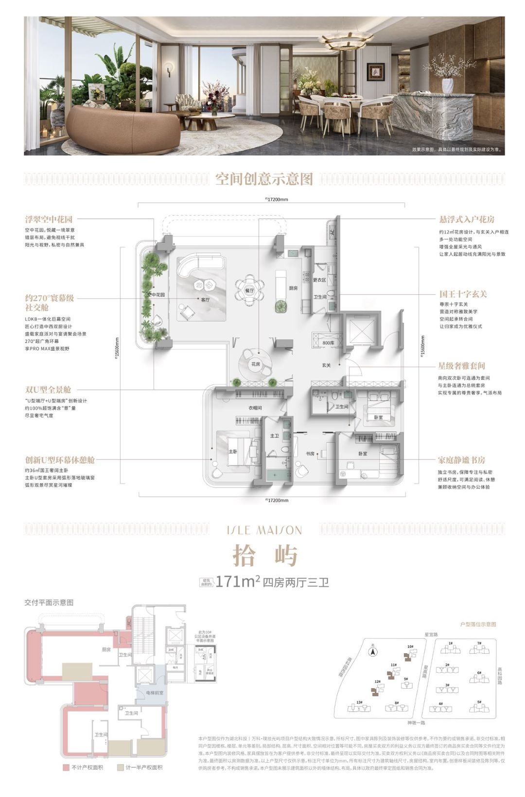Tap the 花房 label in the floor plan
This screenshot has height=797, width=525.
tap(256, 364)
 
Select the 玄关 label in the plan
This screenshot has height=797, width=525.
tap(326, 365)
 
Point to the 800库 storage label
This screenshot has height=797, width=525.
tap(329, 343)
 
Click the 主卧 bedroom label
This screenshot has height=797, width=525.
tap(232, 451)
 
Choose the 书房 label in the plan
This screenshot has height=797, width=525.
tap(310, 454)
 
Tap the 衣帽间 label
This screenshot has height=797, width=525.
tap(255, 408)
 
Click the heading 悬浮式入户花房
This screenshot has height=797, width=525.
tap(467, 219)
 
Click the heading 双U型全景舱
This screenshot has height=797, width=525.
tap(48, 390)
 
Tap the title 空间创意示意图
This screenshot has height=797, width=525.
tap(264, 179)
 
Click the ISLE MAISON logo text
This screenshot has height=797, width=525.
tap(264, 530)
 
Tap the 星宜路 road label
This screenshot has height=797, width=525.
tap(431, 634)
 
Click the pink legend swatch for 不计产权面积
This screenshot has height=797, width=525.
tap(66, 767)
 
